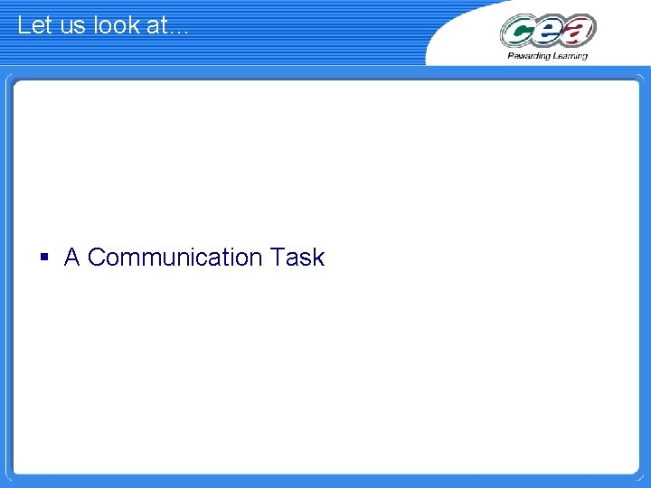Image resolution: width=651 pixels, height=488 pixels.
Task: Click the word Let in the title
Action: tap(33, 25)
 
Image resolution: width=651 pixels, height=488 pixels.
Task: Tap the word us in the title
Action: tap(71, 25)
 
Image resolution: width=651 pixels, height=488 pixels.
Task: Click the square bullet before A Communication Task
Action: tap(43, 258)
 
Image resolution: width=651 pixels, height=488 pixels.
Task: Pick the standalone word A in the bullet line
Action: tap(72, 258)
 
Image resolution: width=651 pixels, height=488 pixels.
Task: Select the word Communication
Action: tap(175, 258)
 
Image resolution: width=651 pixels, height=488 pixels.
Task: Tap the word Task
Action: tap(297, 258)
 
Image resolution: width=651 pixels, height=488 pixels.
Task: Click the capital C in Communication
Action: tap(97, 258)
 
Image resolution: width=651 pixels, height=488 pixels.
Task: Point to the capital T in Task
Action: tap(276, 258)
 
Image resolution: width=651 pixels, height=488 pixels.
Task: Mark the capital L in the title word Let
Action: tap(23, 25)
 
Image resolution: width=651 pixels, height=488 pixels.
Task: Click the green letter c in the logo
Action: tap(519, 32)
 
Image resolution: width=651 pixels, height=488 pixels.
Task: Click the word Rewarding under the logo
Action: tap(529, 56)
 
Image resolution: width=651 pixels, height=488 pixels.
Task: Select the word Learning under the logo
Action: tap(569, 56)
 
